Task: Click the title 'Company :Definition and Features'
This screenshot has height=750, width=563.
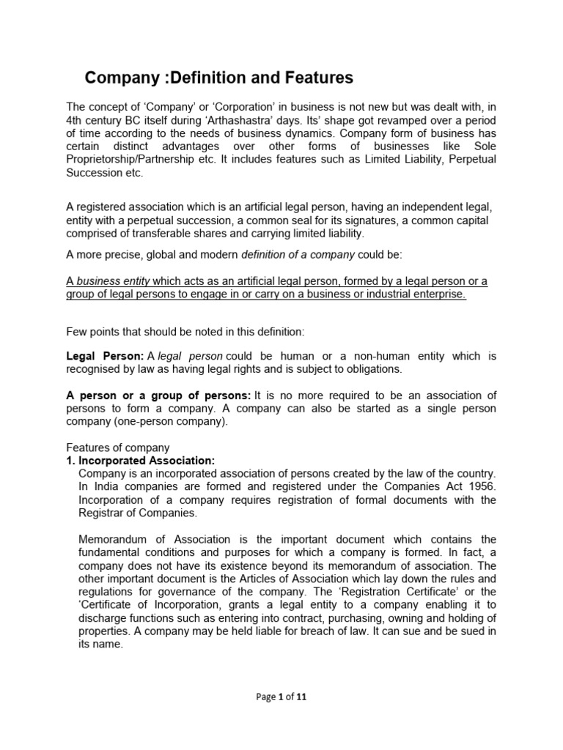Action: (219, 78)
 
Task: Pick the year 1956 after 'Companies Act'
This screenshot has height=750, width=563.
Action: (482, 486)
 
